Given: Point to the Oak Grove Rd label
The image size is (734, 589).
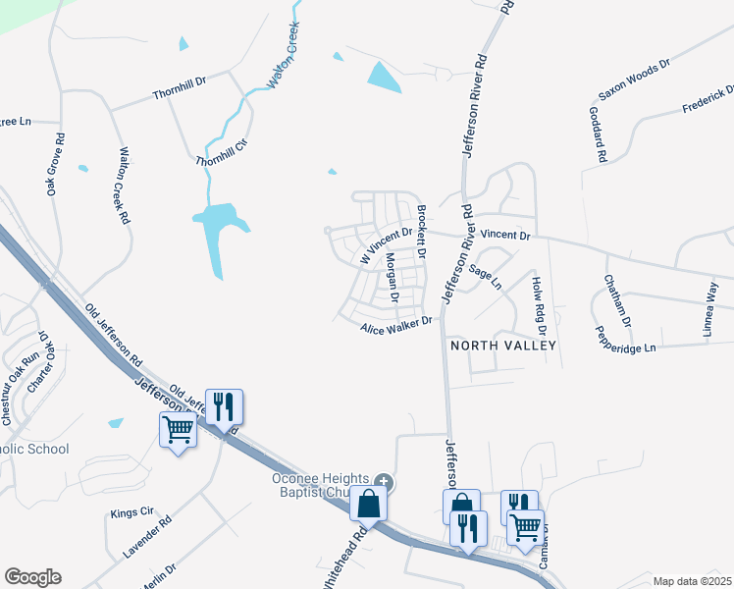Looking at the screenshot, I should click(56, 164).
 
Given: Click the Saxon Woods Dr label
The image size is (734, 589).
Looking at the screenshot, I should click(634, 80).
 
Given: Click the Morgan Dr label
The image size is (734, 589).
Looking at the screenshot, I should click(392, 277).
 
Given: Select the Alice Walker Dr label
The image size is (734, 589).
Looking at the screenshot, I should click(396, 326).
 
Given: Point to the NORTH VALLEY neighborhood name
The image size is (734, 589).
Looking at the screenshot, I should click(503, 346).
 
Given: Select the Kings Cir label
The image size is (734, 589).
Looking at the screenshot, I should click(132, 512).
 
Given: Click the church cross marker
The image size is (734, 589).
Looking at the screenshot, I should click(384, 482).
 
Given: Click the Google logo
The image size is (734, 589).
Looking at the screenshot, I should click(32, 577).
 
